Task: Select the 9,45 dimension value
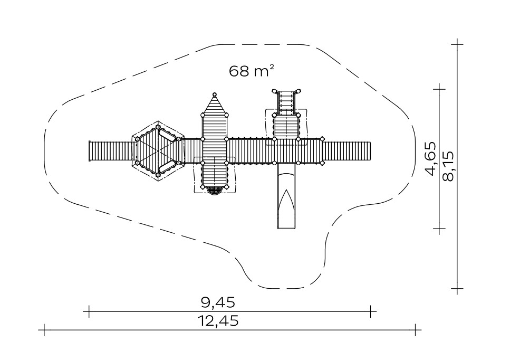(218, 302)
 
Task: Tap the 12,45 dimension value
(218, 321)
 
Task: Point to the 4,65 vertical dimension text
(431, 158)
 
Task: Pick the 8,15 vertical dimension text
(448, 165)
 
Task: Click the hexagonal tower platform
(158, 151)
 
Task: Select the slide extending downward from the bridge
(286, 196)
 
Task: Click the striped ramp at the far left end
(111, 151)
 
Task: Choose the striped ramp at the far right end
(347, 151)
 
